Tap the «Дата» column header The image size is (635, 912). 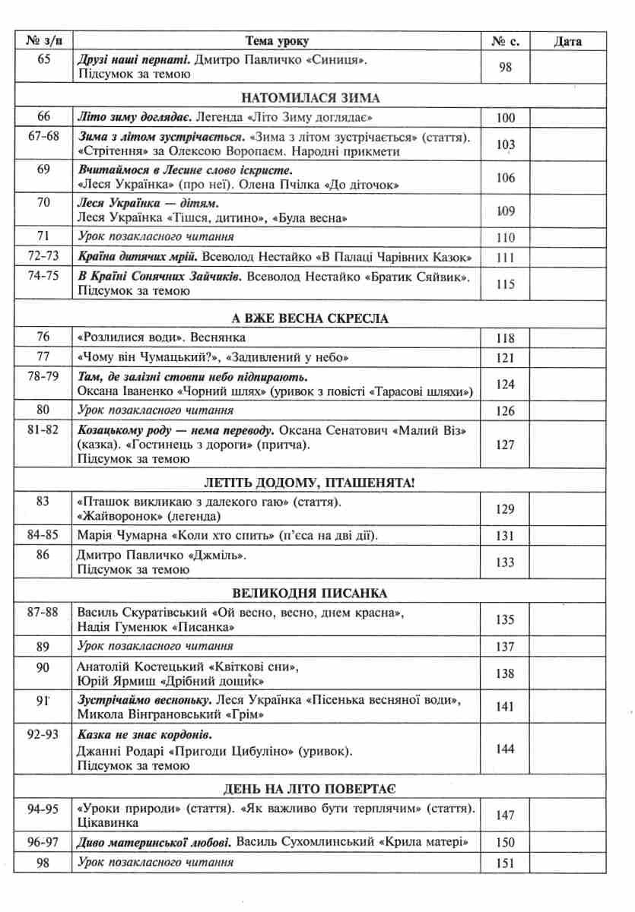(x=567, y=41)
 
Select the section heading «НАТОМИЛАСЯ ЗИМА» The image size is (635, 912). (x=310, y=98)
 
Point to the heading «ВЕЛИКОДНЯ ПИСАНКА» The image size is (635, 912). (x=310, y=593)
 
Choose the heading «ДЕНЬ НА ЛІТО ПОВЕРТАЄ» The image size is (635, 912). (x=310, y=789)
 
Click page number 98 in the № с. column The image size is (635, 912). (x=505, y=67)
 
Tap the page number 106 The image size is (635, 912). (x=505, y=178)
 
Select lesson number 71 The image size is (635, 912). (x=43, y=237)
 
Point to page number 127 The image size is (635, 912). (x=505, y=445)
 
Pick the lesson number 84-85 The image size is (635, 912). (x=43, y=536)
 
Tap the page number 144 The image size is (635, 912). (x=505, y=749)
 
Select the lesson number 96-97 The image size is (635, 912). (x=43, y=842)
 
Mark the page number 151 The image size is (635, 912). (x=505, y=863)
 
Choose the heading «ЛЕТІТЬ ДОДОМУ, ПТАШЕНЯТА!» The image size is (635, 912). (x=310, y=483)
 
